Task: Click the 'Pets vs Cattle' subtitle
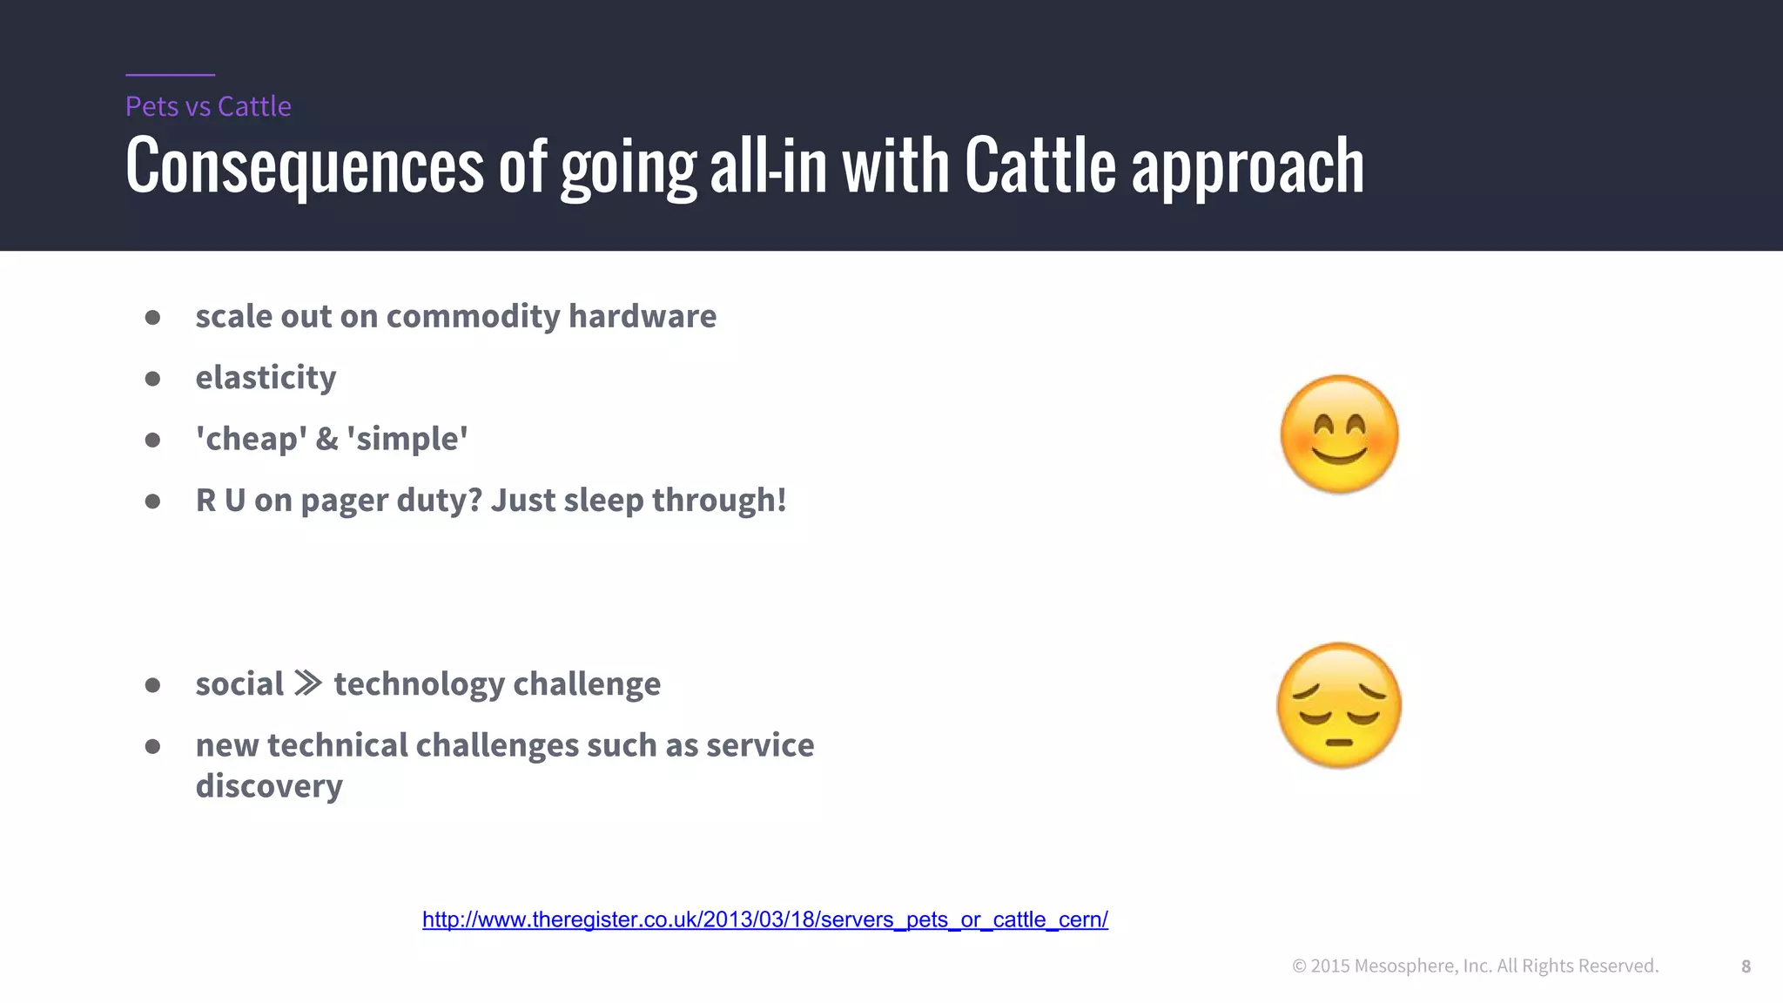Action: pyautogui.click(x=208, y=106)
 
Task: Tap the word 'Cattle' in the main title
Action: pyautogui.click(x=1040, y=165)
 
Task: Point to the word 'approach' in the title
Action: pyautogui.click(x=1247, y=167)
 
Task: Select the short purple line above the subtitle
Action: pyautogui.click(x=170, y=75)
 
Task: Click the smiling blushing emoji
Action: pyautogui.click(x=1339, y=434)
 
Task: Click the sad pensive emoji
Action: pyautogui.click(x=1339, y=705)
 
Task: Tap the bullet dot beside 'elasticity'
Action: pyautogui.click(x=152, y=379)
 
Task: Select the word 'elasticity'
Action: pyautogui.click(x=266, y=378)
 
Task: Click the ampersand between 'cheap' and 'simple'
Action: pyautogui.click(x=326, y=439)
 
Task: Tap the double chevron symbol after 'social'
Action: pyautogui.click(x=308, y=683)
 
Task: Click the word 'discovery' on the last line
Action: pyautogui.click(x=269, y=786)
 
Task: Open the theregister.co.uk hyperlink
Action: pyautogui.click(x=764, y=919)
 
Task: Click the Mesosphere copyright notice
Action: pyautogui.click(x=1475, y=966)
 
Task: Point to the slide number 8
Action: pyautogui.click(x=1746, y=966)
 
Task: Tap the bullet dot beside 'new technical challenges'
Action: pyautogui.click(x=152, y=746)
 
